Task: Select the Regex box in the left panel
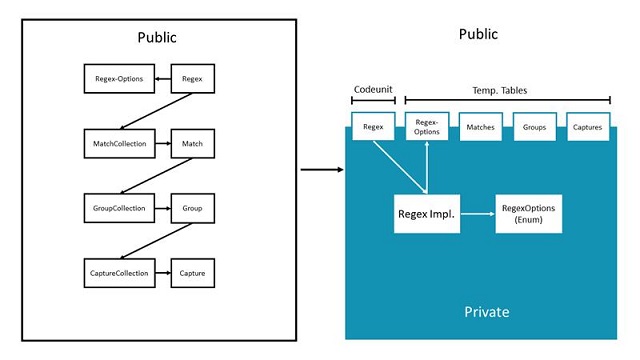click(193, 77)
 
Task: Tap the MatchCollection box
click(113, 144)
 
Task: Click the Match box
click(193, 144)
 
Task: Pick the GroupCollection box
click(113, 209)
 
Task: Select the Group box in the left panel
click(193, 209)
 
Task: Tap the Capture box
click(193, 272)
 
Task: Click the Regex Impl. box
click(426, 213)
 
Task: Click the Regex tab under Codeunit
click(373, 128)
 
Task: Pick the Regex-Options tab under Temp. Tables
click(427, 128)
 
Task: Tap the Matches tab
click(481, 128)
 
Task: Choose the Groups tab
click(535, 128)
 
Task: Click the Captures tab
click(588, 128)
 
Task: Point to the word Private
click(486, 312)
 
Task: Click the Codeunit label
click(373, 89)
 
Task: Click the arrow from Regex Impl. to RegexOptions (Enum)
click(477, 213)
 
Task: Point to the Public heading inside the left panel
click(157, 38)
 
